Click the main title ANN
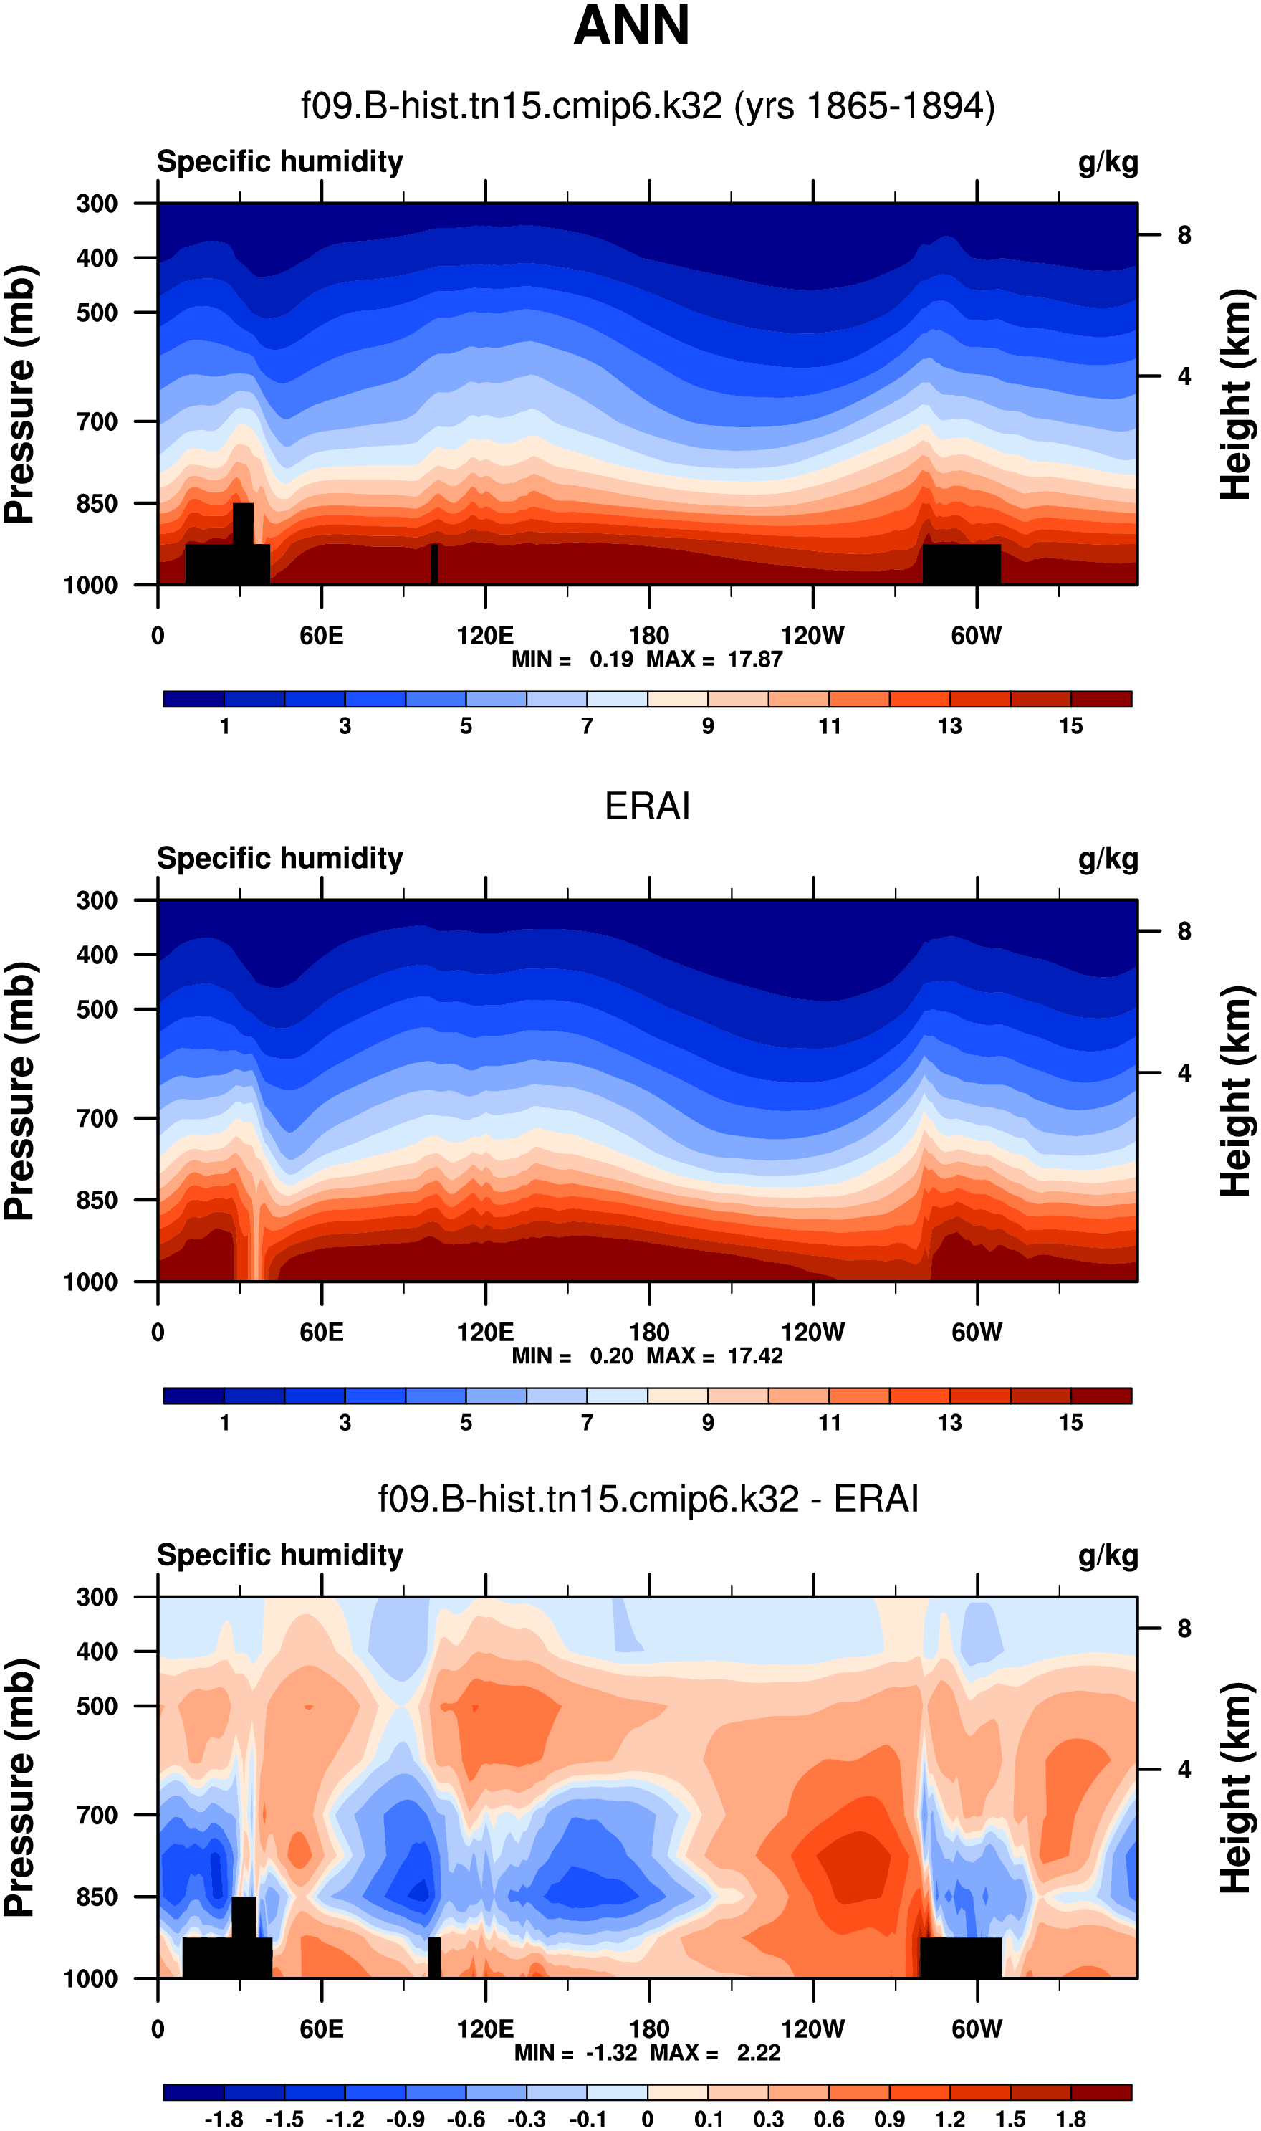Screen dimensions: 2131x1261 [x=630, y=26]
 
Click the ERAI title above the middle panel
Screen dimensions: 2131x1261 [x=647, y=806]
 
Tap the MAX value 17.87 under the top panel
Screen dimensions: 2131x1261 [x=754, y=659]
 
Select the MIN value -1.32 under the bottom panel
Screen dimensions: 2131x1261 [x=611, y=2052]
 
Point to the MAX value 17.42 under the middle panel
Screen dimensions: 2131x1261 [x=754, y=1355]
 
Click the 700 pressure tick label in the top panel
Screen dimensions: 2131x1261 [x=97, y=421]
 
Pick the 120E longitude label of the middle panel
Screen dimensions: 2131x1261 [x=485, y=1331]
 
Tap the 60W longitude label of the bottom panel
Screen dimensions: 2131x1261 [x=977, y=2028]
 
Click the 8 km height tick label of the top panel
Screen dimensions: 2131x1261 [x=1184, y=234]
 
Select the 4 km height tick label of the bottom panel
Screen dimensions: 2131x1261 [x=1184, y=1769]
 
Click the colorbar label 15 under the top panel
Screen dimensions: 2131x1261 [x=1070, y=725]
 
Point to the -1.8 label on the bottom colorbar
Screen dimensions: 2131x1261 [x=224, y=2118]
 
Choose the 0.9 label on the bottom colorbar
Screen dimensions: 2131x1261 [x=890, y=2118]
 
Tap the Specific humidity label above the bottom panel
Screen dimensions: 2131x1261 [x=279, y=1555]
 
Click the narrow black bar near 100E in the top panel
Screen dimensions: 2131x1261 [x=434, y=563]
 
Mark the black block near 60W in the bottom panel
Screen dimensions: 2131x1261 [x=961, y=1957]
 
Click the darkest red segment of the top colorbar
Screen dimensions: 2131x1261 [x=1101, y=699]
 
